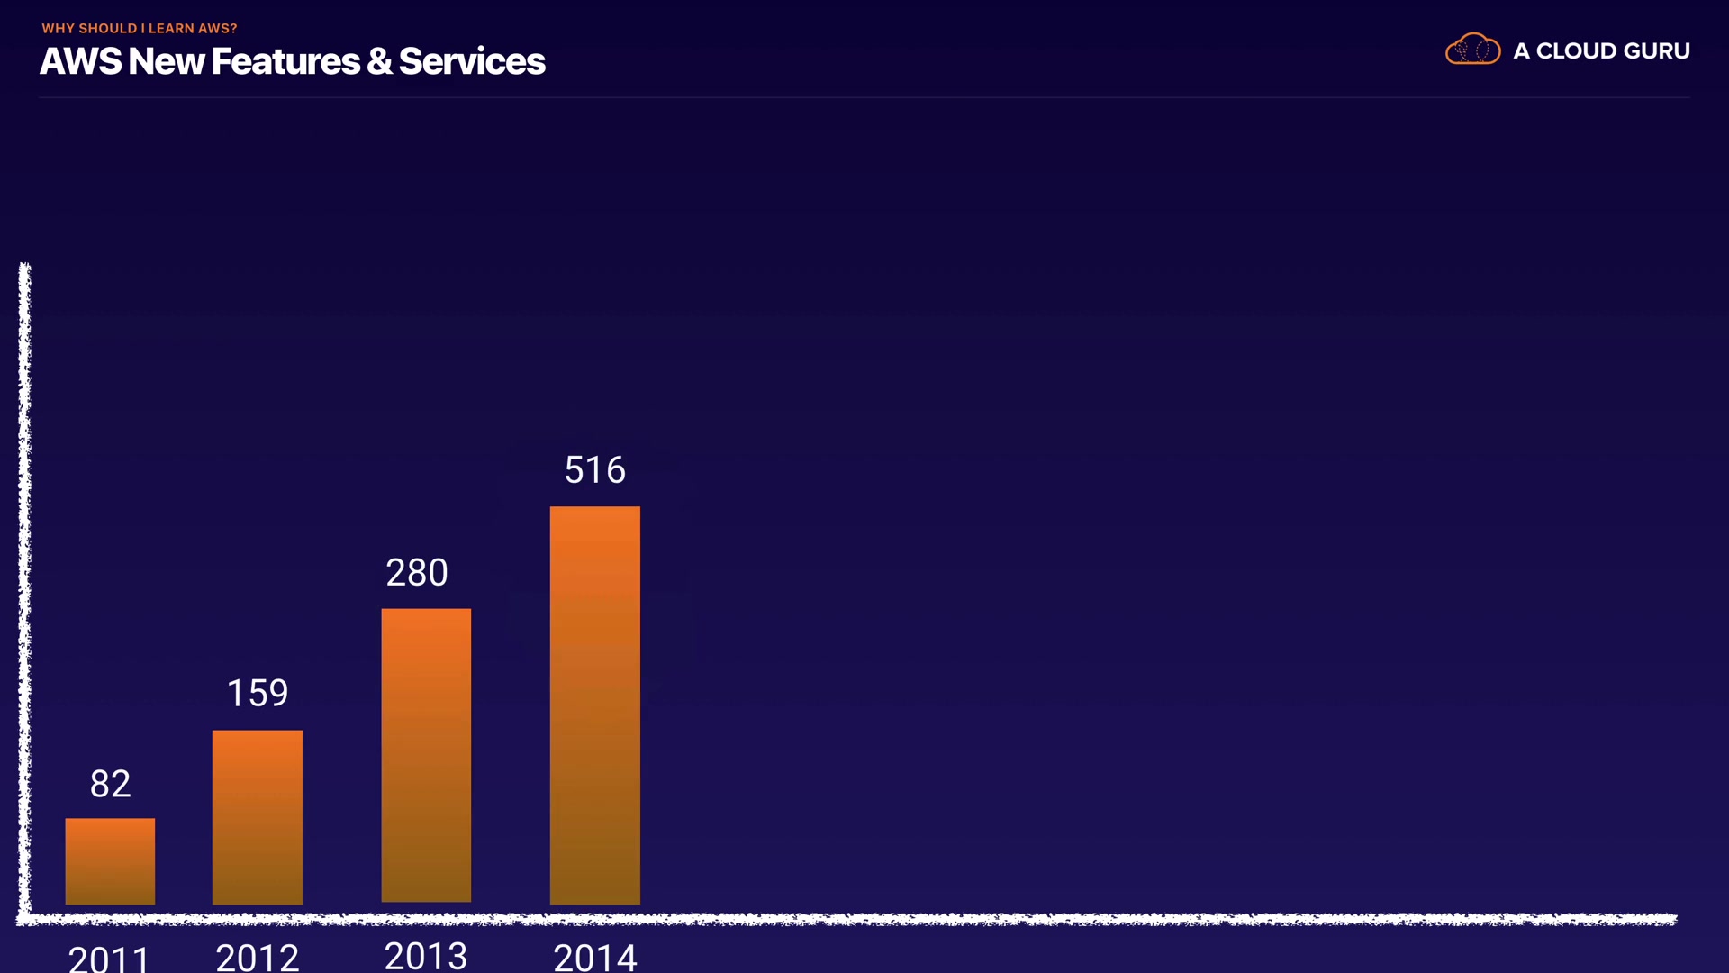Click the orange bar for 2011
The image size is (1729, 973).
pos(110,860)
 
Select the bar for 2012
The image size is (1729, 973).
pos(257,816)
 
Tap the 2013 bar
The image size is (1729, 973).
pos(426,755)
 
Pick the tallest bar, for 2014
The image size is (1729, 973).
pos(594,705)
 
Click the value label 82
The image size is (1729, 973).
pos(110,784)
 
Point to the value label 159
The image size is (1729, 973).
pos(258,693)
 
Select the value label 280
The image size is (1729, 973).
pos(417,573)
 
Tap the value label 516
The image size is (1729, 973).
pos(594,470)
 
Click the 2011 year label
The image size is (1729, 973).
pos(109,957)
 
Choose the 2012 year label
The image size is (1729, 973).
pos(257,957)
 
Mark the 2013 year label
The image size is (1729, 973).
pos(426,955)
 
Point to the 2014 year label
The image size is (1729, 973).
pos(594,957)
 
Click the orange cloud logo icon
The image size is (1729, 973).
pos(1472,50)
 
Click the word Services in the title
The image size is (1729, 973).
pos(472,61)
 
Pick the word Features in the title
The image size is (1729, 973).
pos(285,61)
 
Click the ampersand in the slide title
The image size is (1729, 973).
pos(379,61)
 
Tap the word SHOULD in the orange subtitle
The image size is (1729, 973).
pos(107,29)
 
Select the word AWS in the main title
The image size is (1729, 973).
pos(80,61)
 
